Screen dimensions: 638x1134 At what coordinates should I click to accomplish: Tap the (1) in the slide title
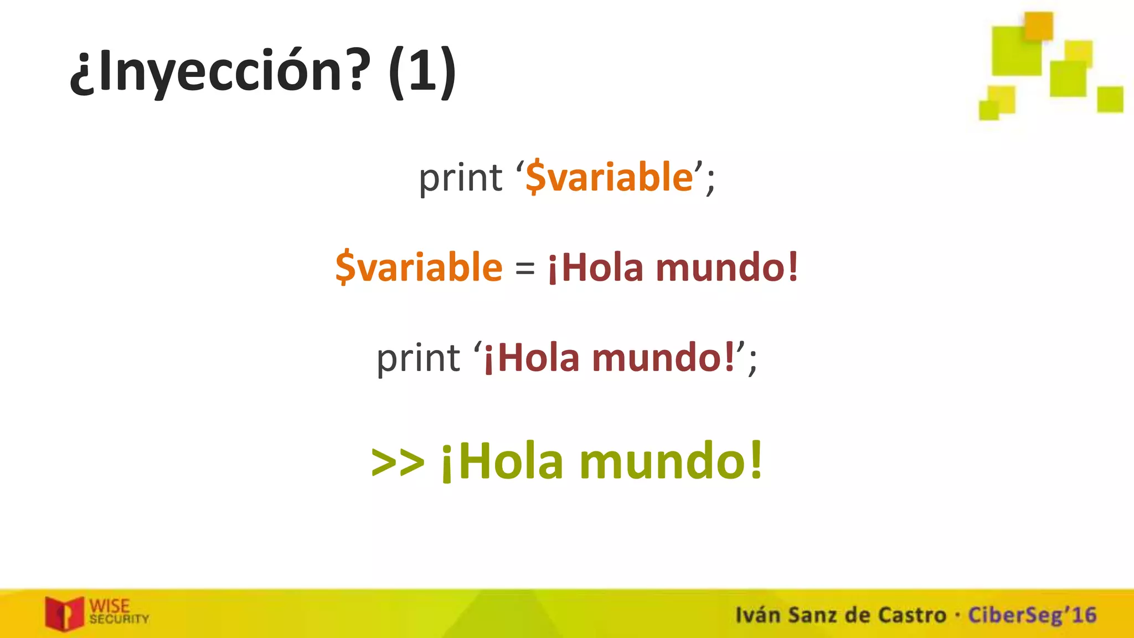(422, 72)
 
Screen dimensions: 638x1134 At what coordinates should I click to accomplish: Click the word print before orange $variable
(460, 178)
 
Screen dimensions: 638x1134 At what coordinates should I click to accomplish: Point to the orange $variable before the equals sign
(419, 267)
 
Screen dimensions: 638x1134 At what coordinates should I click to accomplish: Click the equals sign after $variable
(525, 269)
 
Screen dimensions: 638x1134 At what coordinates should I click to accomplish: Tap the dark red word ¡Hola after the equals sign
(596, 268)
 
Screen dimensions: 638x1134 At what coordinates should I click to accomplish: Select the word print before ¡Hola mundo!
(418, 358)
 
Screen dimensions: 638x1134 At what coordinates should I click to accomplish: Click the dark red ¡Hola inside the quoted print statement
(532, 358)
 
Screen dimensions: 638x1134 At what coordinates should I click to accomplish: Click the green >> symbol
(398, 462)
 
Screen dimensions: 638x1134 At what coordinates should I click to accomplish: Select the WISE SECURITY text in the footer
(118, 611)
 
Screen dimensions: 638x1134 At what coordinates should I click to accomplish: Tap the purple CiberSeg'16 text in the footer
(1032, 615)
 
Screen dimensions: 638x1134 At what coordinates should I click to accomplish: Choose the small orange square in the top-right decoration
(1038, 25)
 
